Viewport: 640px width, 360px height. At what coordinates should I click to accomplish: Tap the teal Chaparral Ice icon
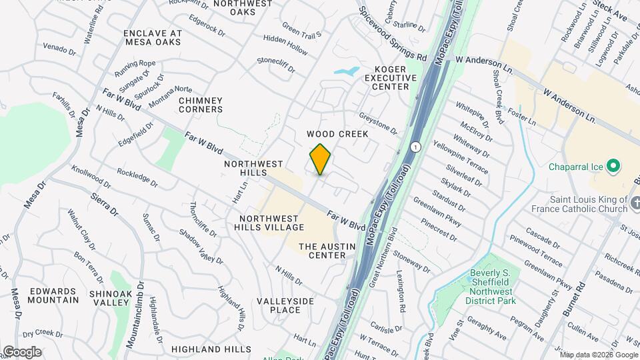[615, 165]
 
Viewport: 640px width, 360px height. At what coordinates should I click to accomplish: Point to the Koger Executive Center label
[391, 77]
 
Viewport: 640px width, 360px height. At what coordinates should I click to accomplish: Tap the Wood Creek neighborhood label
[337, 134]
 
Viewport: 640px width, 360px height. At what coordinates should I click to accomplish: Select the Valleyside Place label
[285, 305]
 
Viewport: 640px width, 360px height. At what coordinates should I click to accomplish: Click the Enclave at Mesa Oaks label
[153, 37]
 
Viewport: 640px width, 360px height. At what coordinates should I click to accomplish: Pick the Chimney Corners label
[201, 105]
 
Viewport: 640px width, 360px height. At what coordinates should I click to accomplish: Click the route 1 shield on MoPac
[415, 147]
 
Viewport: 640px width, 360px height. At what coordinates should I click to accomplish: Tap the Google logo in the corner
[21, 351]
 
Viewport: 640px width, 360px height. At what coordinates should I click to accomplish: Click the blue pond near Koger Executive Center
[346, 70]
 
